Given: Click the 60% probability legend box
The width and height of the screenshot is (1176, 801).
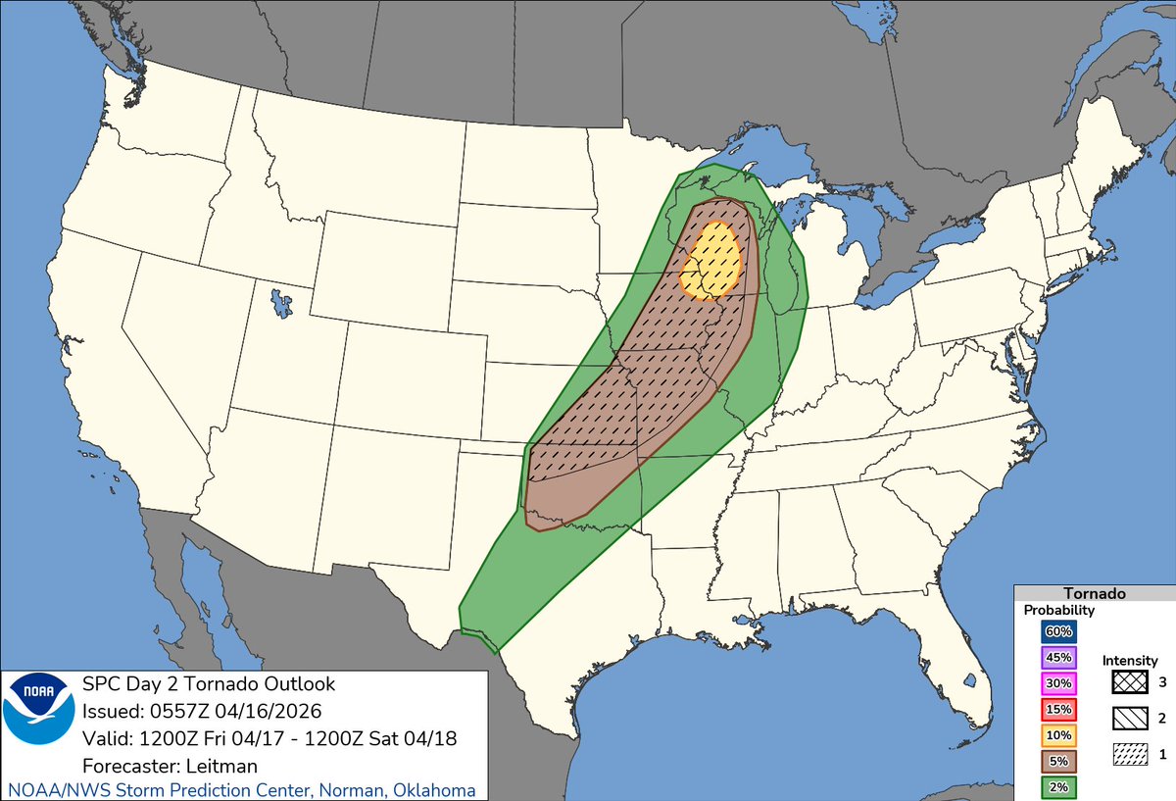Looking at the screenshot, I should pyautogui.click(x=1059, y=632).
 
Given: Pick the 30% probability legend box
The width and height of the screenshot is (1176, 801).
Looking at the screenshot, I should pyautogui.click(x=1059, y=683).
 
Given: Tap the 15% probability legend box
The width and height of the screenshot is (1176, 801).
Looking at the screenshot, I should pyautogui.click(x=1059, y=709).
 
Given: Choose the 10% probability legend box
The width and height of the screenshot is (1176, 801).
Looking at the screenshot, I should pyautogui.click(x=1059, y=734).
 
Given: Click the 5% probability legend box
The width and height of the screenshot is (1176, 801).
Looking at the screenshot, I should pyautogui.click(x=1059, y=760).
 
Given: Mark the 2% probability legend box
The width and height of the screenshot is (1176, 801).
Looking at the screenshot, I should pyautogui.click(x=1059, y=785).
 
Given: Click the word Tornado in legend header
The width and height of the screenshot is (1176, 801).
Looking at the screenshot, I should pyautogui.click(x=1094, y=593).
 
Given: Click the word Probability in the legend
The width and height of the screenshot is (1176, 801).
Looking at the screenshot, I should pyautogui.click(x=1059, y=610).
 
